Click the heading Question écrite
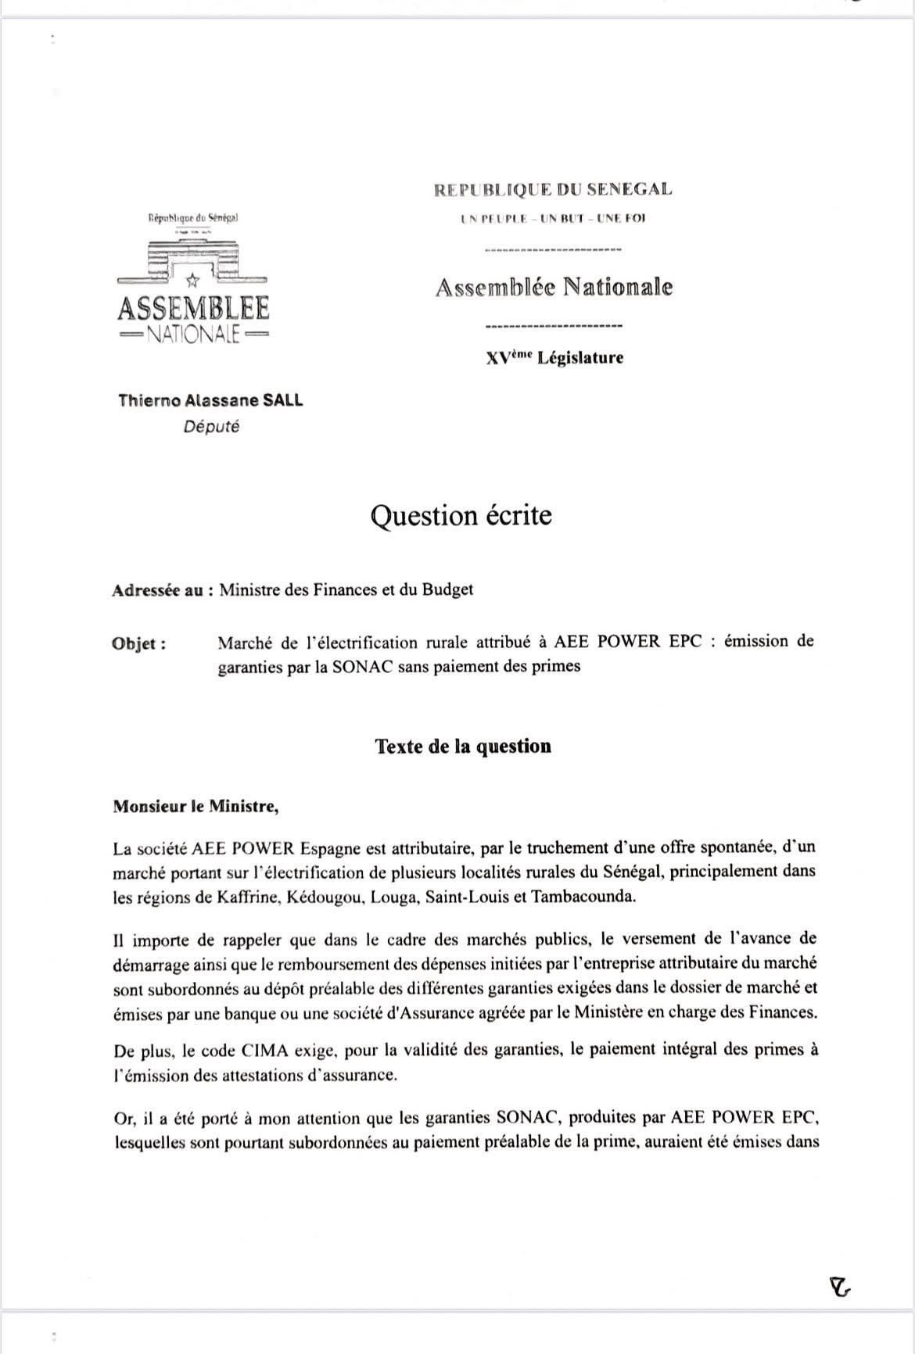pyautogui.click(x=461, y=516)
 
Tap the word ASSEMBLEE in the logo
pyautogui.click(x=193, y=309)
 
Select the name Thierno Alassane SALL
pyautogui.click(x=210, y=401)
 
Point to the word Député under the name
pyautogui.click(x=210, y=427)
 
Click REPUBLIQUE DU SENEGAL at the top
pyautogui.click(x=553, y=189)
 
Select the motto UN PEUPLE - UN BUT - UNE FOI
pyautogui.click(x=553, y=218)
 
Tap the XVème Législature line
pyautogui.click(x=554, y=358)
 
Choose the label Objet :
pyautogui.click(x=139, y=644)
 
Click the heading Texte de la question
pyautogui.click(x=463, y=746)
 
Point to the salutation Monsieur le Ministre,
pyautogui.click(x=196, y=806)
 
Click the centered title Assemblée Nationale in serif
pyautogui.click(x=553, y=287)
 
